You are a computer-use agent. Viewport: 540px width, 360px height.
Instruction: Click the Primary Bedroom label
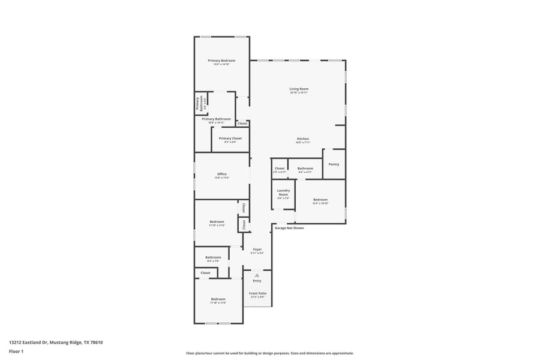click(221, 61)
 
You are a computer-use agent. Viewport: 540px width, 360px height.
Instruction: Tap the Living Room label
click(299, 89)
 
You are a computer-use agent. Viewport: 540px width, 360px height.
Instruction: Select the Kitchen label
click(302, 139)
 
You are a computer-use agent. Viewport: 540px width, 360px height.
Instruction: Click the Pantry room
click(334, 164)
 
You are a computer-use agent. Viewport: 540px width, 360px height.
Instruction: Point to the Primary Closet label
click(230, 138)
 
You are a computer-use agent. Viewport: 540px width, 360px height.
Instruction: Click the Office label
click(222, 174)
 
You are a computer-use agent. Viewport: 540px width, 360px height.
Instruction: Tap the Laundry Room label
click(283, 193)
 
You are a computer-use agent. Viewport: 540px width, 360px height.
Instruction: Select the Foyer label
click(257, 249)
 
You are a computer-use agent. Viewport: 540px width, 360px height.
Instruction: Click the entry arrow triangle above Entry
click(257, 275)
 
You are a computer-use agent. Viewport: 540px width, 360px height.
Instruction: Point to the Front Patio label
click(258, 293)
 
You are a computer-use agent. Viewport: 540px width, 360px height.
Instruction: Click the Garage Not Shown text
click(289, 228)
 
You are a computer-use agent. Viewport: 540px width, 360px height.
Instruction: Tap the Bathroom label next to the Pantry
click(305, 169)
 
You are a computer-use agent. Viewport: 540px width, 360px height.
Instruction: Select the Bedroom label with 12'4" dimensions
click(320, 200)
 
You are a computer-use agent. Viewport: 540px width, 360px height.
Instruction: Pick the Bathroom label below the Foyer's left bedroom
click(213, 257)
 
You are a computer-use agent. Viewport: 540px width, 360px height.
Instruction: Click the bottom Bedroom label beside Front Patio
click(218, 299)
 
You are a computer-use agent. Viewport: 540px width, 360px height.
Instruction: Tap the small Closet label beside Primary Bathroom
click(242, 124)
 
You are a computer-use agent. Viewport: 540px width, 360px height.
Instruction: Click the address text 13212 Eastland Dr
click(56, 343)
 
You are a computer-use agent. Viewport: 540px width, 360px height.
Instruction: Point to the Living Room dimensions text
click(299, 93)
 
